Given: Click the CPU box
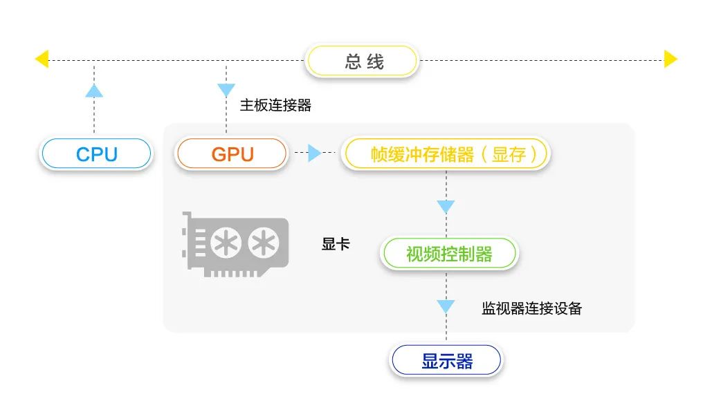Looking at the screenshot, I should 95,153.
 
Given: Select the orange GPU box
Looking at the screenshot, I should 232,153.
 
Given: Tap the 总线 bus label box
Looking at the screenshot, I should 363,62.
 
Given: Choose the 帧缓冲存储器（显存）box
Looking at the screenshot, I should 446,154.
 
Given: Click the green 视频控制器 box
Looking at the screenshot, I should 448,254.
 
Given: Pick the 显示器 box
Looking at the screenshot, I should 446,361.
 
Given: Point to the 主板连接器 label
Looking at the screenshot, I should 275,106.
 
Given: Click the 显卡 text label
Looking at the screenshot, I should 336,244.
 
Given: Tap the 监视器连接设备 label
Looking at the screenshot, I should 531,308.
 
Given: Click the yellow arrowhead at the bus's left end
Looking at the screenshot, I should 42,59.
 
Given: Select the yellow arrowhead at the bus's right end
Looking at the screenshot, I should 670,59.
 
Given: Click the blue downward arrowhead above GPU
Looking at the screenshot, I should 226,90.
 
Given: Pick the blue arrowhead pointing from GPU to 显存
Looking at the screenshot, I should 315,153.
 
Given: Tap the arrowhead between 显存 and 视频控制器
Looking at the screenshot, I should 446,207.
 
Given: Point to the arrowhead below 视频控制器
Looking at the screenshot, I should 446,306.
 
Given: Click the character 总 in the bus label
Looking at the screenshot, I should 353,62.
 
